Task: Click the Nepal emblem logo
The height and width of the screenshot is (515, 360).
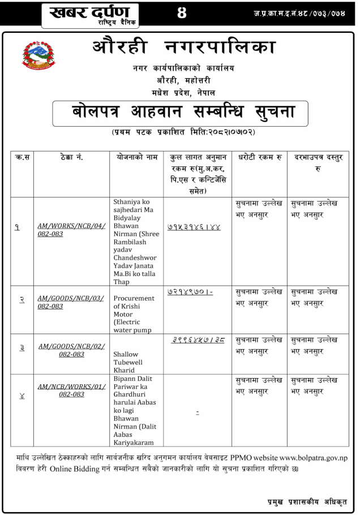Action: (x=39, y=59)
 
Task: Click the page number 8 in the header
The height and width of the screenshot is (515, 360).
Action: (x=182, y=12)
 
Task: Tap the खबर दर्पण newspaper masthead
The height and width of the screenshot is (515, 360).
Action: (x=91, y=14)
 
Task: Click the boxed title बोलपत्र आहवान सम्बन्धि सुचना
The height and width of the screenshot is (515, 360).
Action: (x=184, y=111)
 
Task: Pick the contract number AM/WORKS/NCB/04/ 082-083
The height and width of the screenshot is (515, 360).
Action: (x=71, y=229)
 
